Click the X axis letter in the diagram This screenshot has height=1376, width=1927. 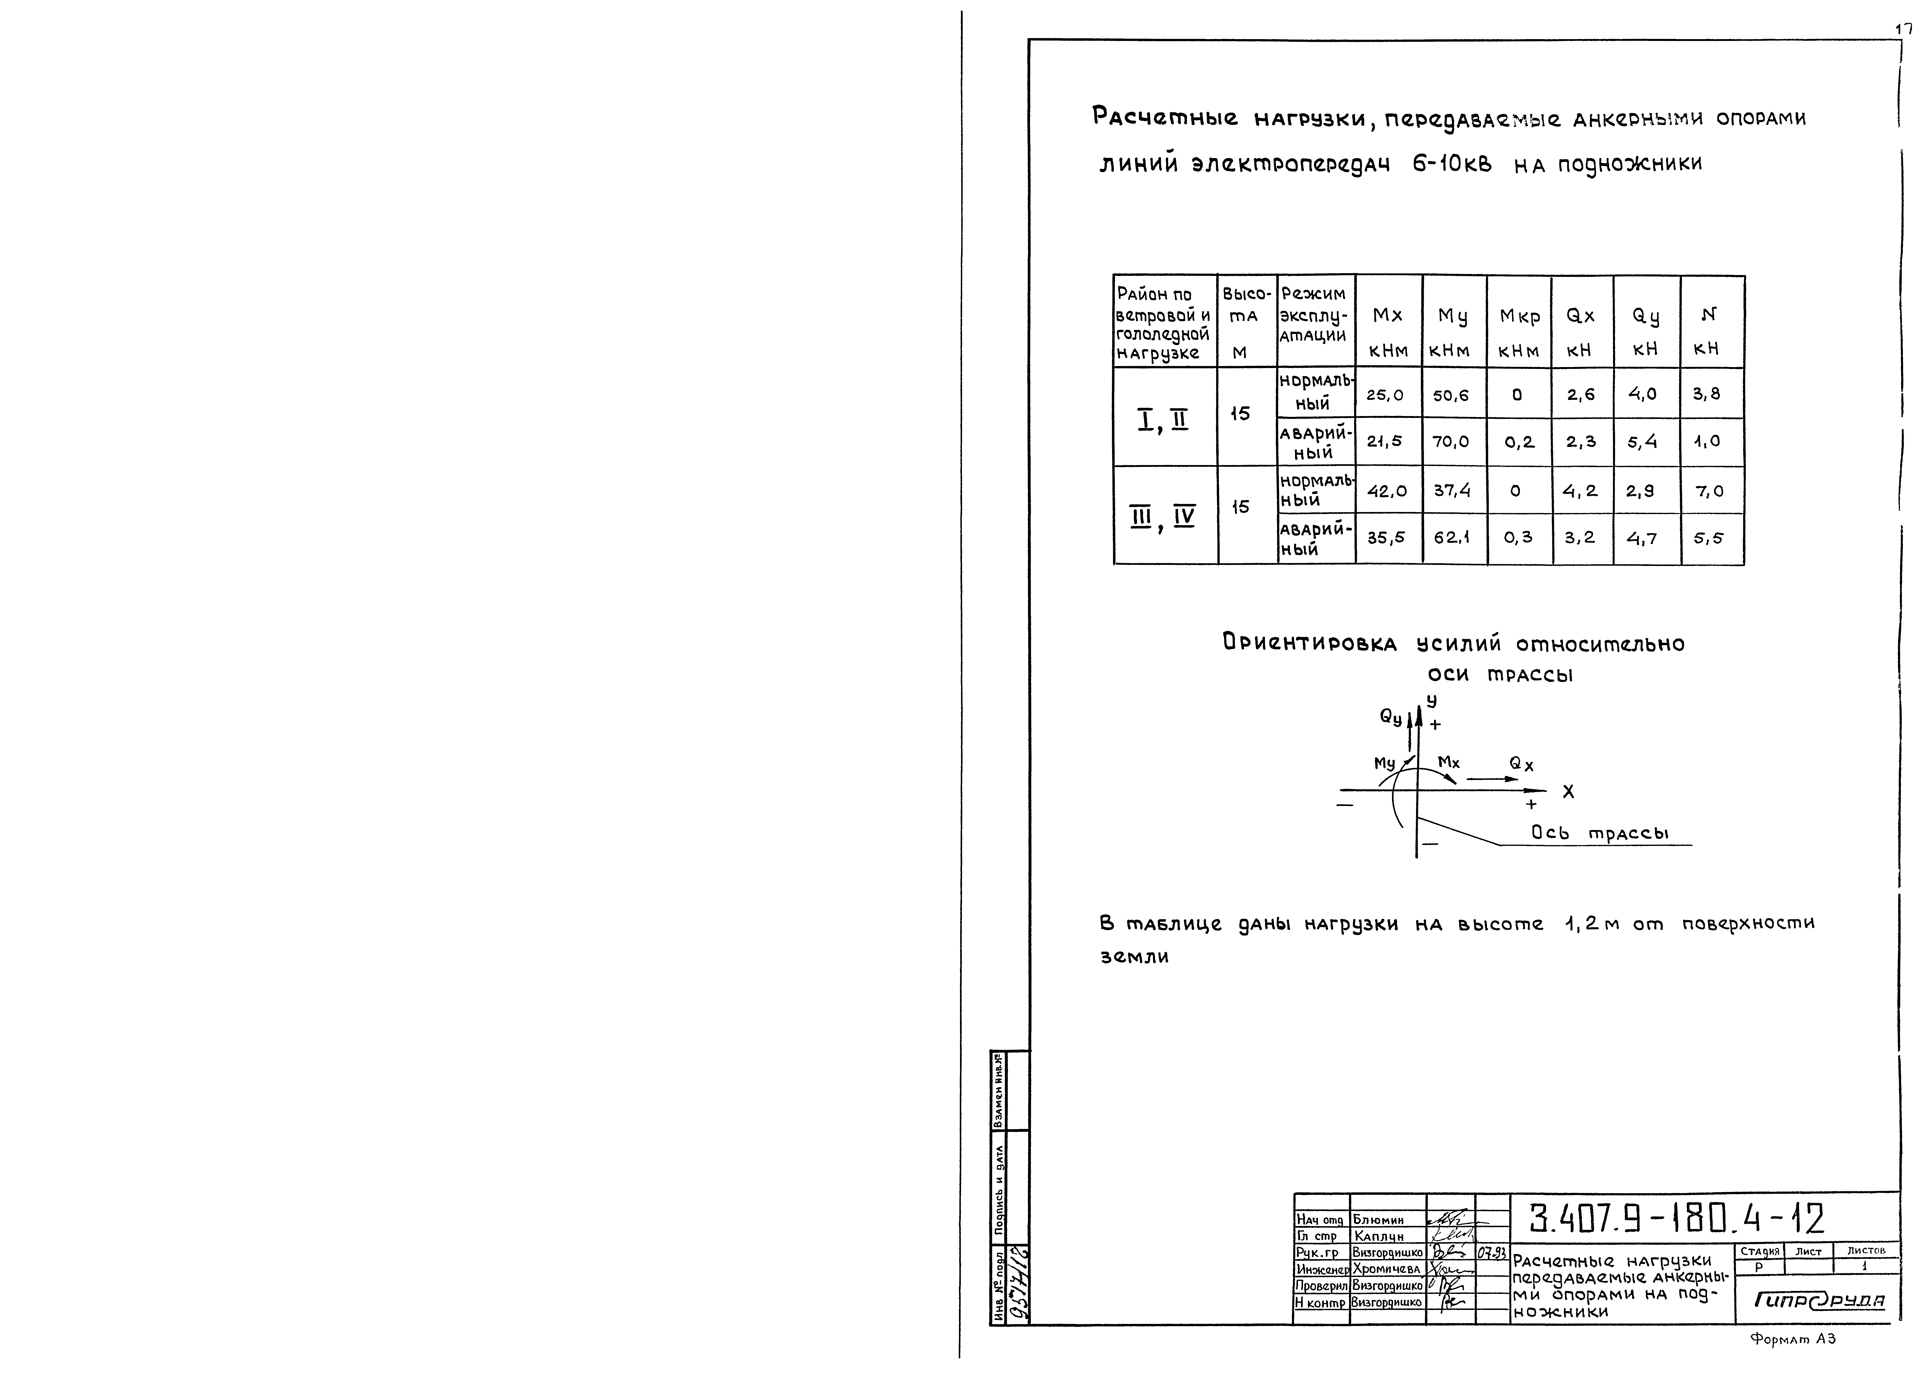coord(1568,791)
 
